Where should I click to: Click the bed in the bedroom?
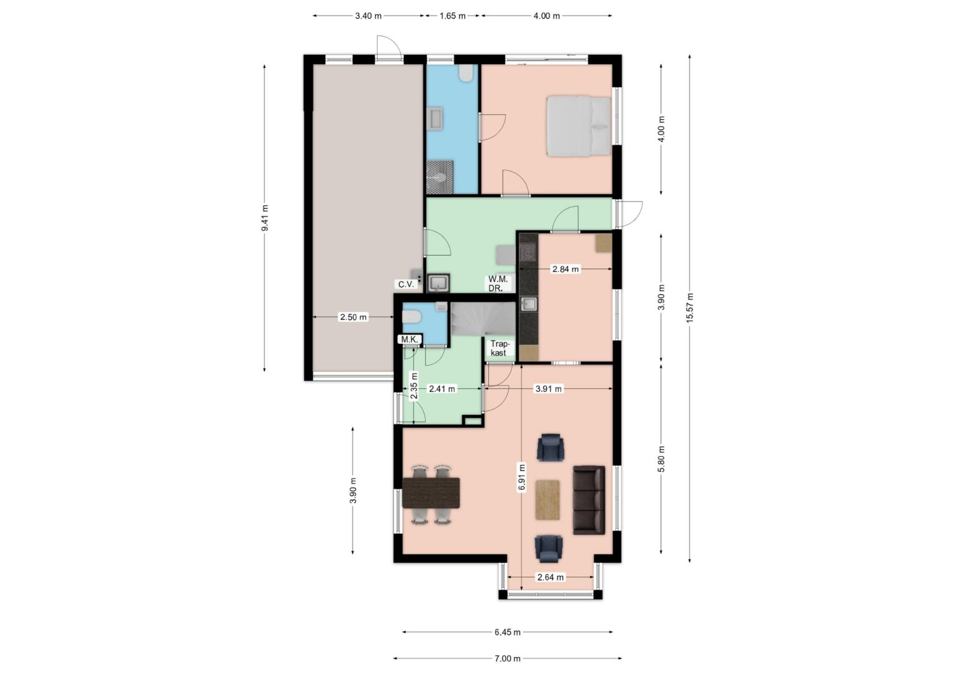point(579,126)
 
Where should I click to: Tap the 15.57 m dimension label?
point(690,308)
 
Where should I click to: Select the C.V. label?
point(406,284)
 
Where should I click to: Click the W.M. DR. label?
point(498,283)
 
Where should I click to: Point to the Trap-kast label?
point(499,348)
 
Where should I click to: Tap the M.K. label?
point(410,339)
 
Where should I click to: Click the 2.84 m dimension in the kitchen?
point(566,269)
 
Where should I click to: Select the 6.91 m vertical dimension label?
point(522,477)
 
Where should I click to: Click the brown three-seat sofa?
point(589,500)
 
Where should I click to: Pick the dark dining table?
point(431,492)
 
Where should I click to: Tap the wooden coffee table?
point(548,500)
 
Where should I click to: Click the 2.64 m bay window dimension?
point(551,577)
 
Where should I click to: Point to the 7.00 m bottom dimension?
point(508,658)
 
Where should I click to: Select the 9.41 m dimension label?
point(265,218)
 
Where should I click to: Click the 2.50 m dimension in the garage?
point(353,317)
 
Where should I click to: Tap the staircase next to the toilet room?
point(483,320)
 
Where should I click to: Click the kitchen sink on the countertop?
point(529,304)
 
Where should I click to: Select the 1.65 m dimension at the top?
point(453,16)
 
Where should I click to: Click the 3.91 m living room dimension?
point(549,388)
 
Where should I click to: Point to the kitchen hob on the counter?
point(528,253)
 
